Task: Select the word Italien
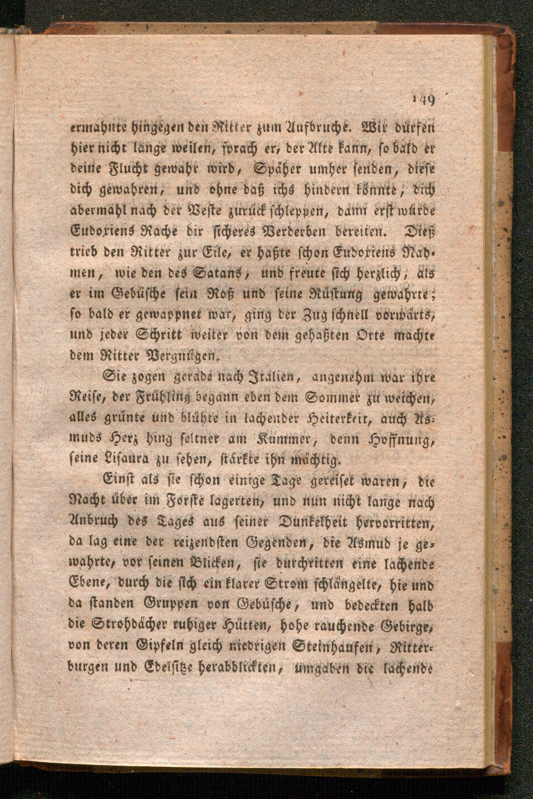pos(264,376)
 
